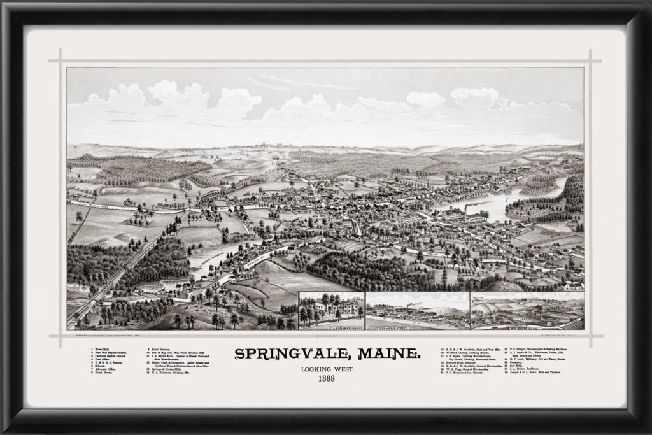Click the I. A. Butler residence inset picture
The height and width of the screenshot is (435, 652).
332,311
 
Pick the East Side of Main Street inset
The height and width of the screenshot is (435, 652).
418,311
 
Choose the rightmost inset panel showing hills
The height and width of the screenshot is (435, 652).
527,311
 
